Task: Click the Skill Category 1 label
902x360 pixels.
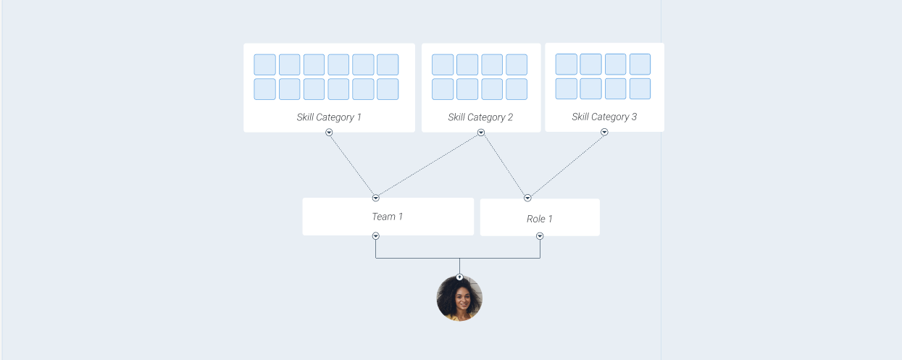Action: tap(329, 117)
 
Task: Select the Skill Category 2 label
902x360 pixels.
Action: tap(480, 117)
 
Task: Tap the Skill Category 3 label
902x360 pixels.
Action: tap(604, 117)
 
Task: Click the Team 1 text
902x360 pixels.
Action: tap(388, 217)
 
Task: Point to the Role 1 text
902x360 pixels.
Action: tap(540, 219)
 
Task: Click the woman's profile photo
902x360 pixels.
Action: tap(459, 298)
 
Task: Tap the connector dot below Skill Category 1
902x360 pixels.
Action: tap(329, 133)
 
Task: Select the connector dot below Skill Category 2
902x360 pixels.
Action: tap(481, 133)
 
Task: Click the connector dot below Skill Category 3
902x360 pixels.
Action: tap(604, 132)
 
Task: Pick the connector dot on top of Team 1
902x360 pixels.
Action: tap(375, 198)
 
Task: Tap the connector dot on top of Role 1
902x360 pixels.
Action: tap(527, 198)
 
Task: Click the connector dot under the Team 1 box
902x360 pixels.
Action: tap(375, 236)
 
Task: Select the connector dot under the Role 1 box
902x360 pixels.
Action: tap(540, 236)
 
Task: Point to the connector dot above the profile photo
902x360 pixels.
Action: tap(459, 277)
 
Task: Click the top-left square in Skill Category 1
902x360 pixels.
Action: tap(264, 64)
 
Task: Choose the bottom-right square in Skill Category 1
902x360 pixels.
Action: tap(388, 89)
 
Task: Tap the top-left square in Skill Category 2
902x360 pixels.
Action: tap(443, 64)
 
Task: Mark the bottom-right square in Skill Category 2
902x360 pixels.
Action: tap(517, 89)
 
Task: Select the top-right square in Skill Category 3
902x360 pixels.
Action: tap(640, 64)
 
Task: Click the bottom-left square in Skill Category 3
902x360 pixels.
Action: tap(567, 88)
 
